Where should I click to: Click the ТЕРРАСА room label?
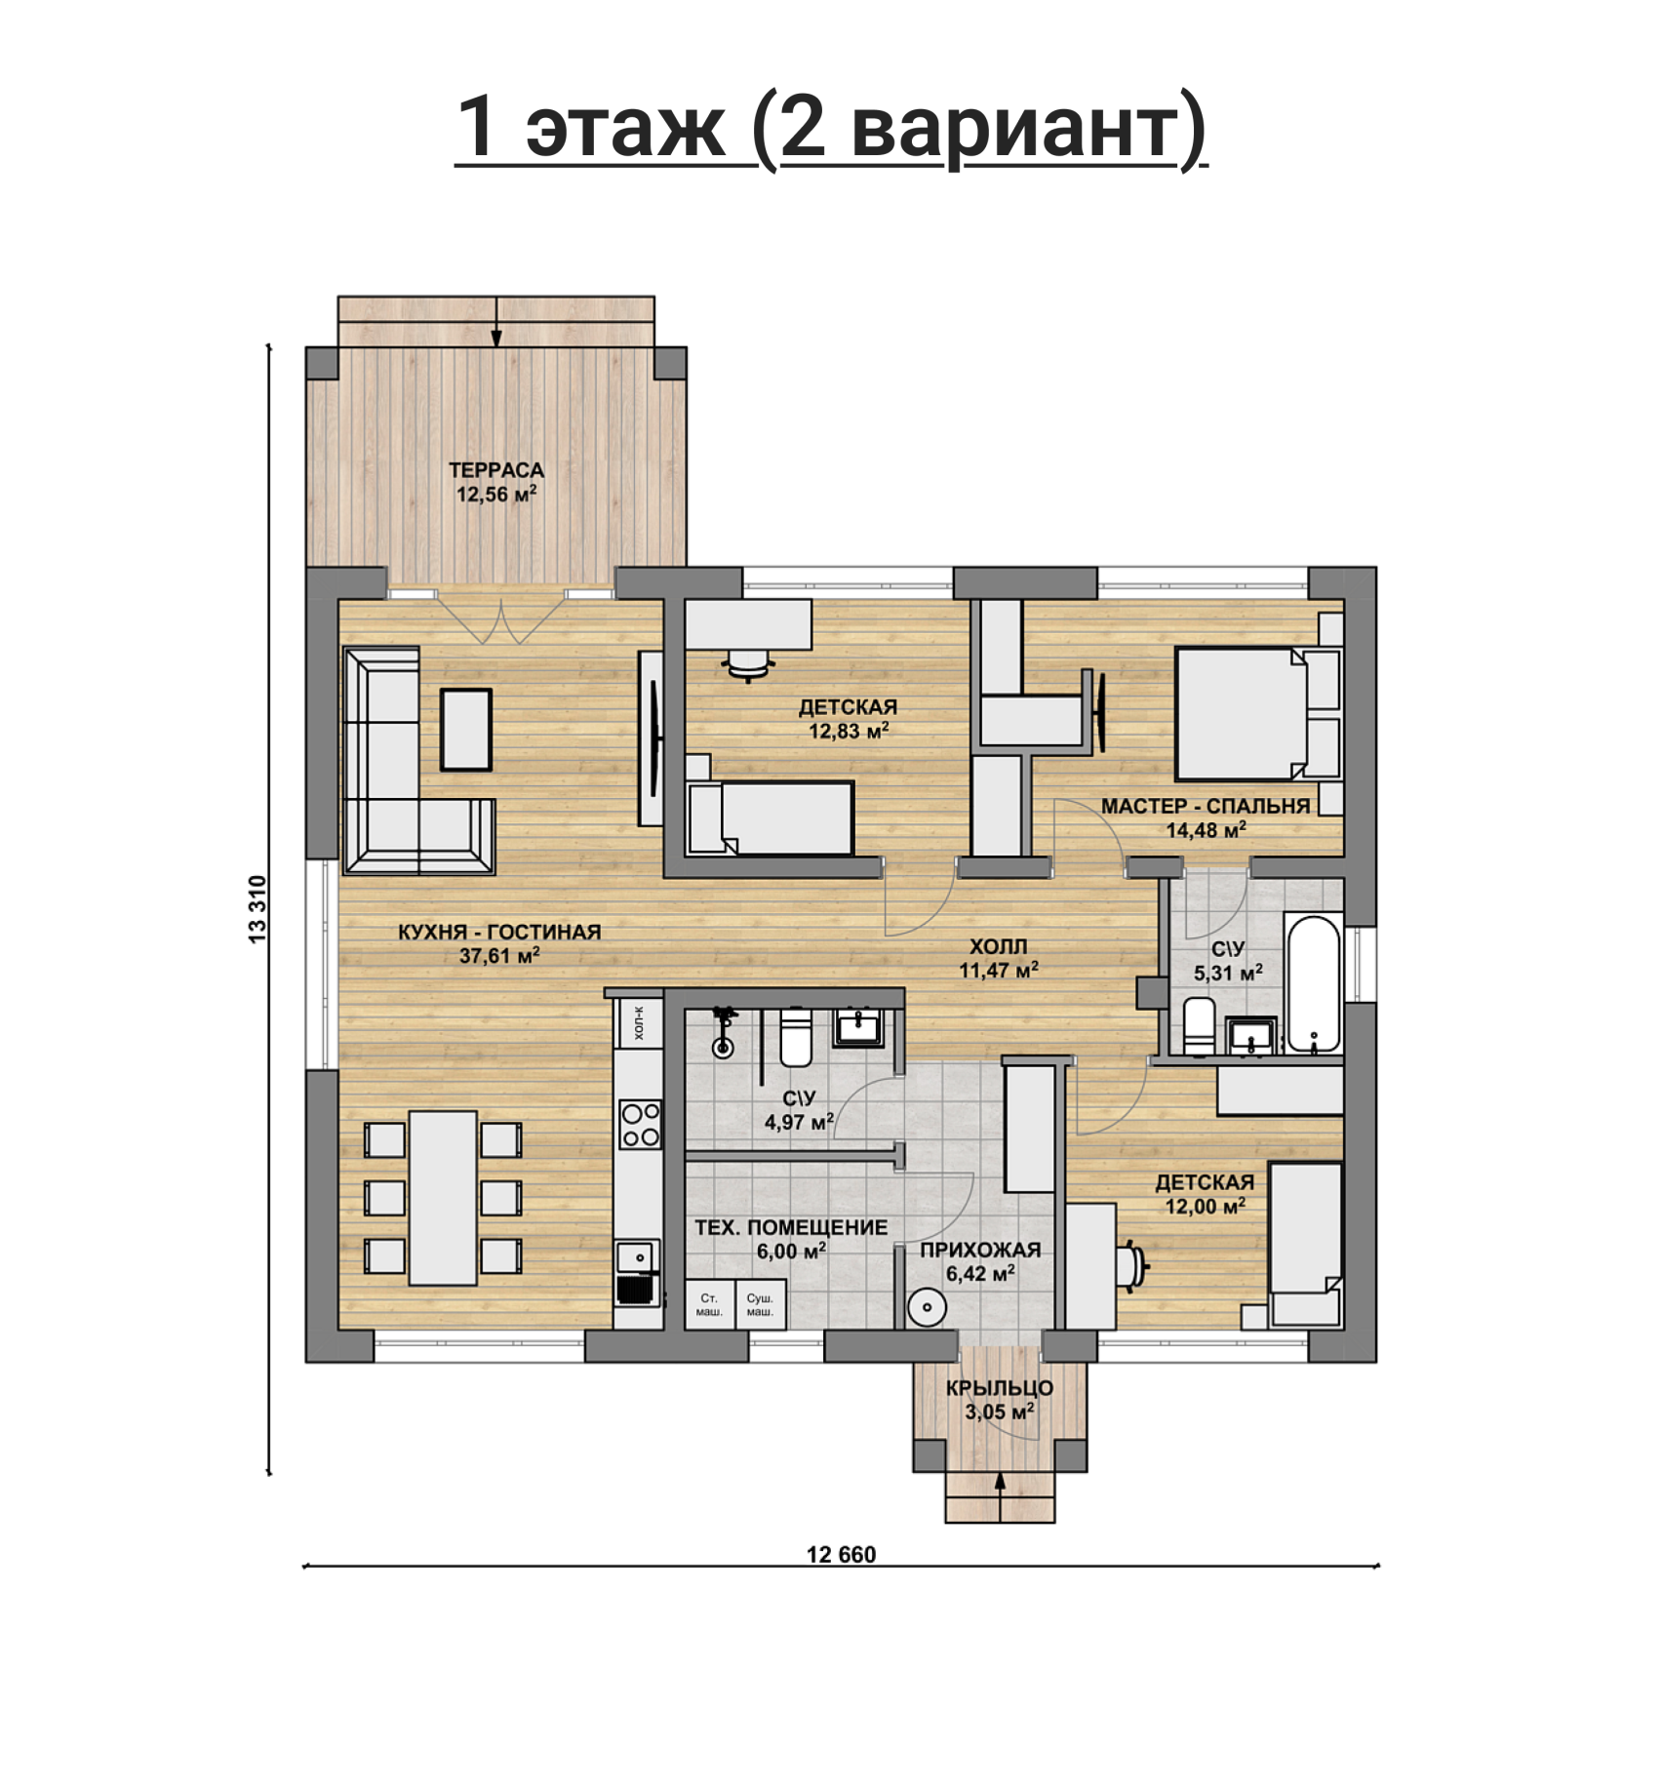coord(496,470)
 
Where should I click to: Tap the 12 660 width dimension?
coord(841,1555)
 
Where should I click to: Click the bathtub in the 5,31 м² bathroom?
coord(1313,983)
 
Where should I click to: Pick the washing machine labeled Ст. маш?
coord(709,1305)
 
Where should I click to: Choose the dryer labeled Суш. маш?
coord(760,1305)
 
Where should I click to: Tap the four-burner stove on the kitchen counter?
coord(640,1124)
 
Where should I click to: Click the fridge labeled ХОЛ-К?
coord(639,1022)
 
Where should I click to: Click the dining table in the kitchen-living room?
coord(443,1198)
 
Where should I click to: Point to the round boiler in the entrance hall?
coord(926,1307)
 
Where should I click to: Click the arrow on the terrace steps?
coord(496,322)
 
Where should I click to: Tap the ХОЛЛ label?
coord(998,946)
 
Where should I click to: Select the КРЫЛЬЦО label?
coord(1000,1388)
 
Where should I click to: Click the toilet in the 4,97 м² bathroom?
coord(796,1037)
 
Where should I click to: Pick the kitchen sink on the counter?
coord(637,1256)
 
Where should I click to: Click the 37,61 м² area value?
coord(499,956)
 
